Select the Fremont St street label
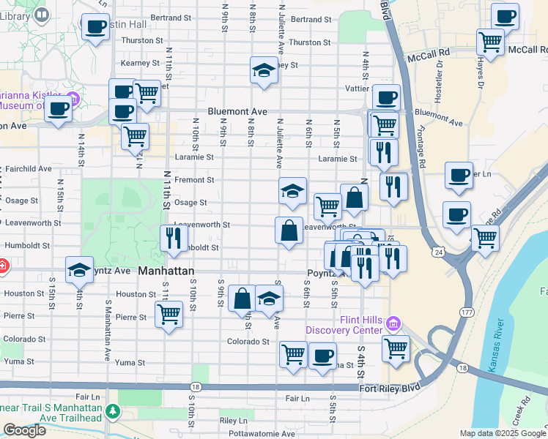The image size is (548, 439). click(194, 179)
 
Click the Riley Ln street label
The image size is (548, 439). click(234, 421)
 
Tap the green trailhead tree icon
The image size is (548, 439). click(112, 412)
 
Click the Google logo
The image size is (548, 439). click(23, 430)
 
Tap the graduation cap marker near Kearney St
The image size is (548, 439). click(264, 70)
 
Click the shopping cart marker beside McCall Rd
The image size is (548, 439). click(490, 41)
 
